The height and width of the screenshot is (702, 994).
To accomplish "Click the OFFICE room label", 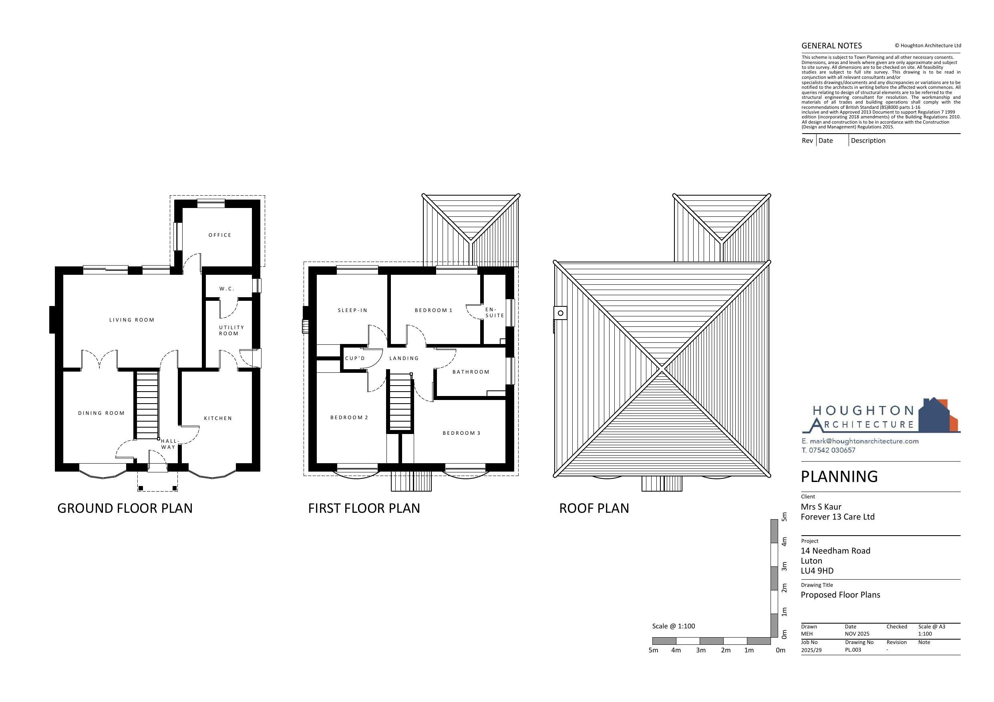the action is click(x=220, y=235).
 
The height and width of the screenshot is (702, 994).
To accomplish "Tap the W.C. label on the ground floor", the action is click(x=227, y=288).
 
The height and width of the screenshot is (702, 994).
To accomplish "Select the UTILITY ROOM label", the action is click(x=231, y=330).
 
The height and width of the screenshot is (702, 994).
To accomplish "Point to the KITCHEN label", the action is click(x=218, y=418).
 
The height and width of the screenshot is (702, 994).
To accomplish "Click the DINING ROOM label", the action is click(x=101, y=413).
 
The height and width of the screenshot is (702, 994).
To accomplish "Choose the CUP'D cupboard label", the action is click(x=355, y=358).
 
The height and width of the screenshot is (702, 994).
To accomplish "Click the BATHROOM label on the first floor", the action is click(x=471, y=372).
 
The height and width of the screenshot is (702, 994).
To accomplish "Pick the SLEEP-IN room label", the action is click(x=352, y=310).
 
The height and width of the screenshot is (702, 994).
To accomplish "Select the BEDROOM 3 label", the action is click(x=461, y=433).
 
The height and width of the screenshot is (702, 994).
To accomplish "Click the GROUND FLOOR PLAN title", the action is click(x=125, y=508).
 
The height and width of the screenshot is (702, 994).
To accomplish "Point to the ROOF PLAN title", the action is click(x=594, y=508).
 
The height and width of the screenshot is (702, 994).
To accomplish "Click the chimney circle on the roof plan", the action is click(x=561, y=313).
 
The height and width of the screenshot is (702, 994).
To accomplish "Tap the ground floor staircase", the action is click(x=147, y=405).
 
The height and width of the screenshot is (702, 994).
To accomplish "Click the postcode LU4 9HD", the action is click(x=817, y=570).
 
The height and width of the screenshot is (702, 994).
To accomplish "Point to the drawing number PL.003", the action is click(x=853, y=650).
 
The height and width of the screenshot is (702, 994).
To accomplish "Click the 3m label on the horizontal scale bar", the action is click(x=701, y=650).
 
